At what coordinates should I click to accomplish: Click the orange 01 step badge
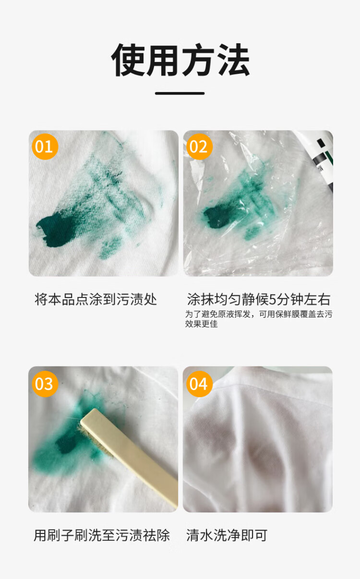point(45,147)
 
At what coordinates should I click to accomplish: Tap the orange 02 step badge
point(199,147)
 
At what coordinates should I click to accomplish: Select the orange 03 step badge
point(45,384)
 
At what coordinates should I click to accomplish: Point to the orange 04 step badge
point(199,384)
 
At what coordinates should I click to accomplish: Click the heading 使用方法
point(180,59)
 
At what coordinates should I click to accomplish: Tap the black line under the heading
point(180,94)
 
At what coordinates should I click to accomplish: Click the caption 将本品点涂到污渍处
point(96,299)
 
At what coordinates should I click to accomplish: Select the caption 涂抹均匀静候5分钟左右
point(259,299)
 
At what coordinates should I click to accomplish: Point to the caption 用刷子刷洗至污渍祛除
point(102,535)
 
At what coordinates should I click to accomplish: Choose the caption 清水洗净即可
point(227,535)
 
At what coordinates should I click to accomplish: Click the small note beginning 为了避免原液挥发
point(259,319)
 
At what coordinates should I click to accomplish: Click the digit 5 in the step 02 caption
point(273,300)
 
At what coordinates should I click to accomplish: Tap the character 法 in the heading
point(234,59)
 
